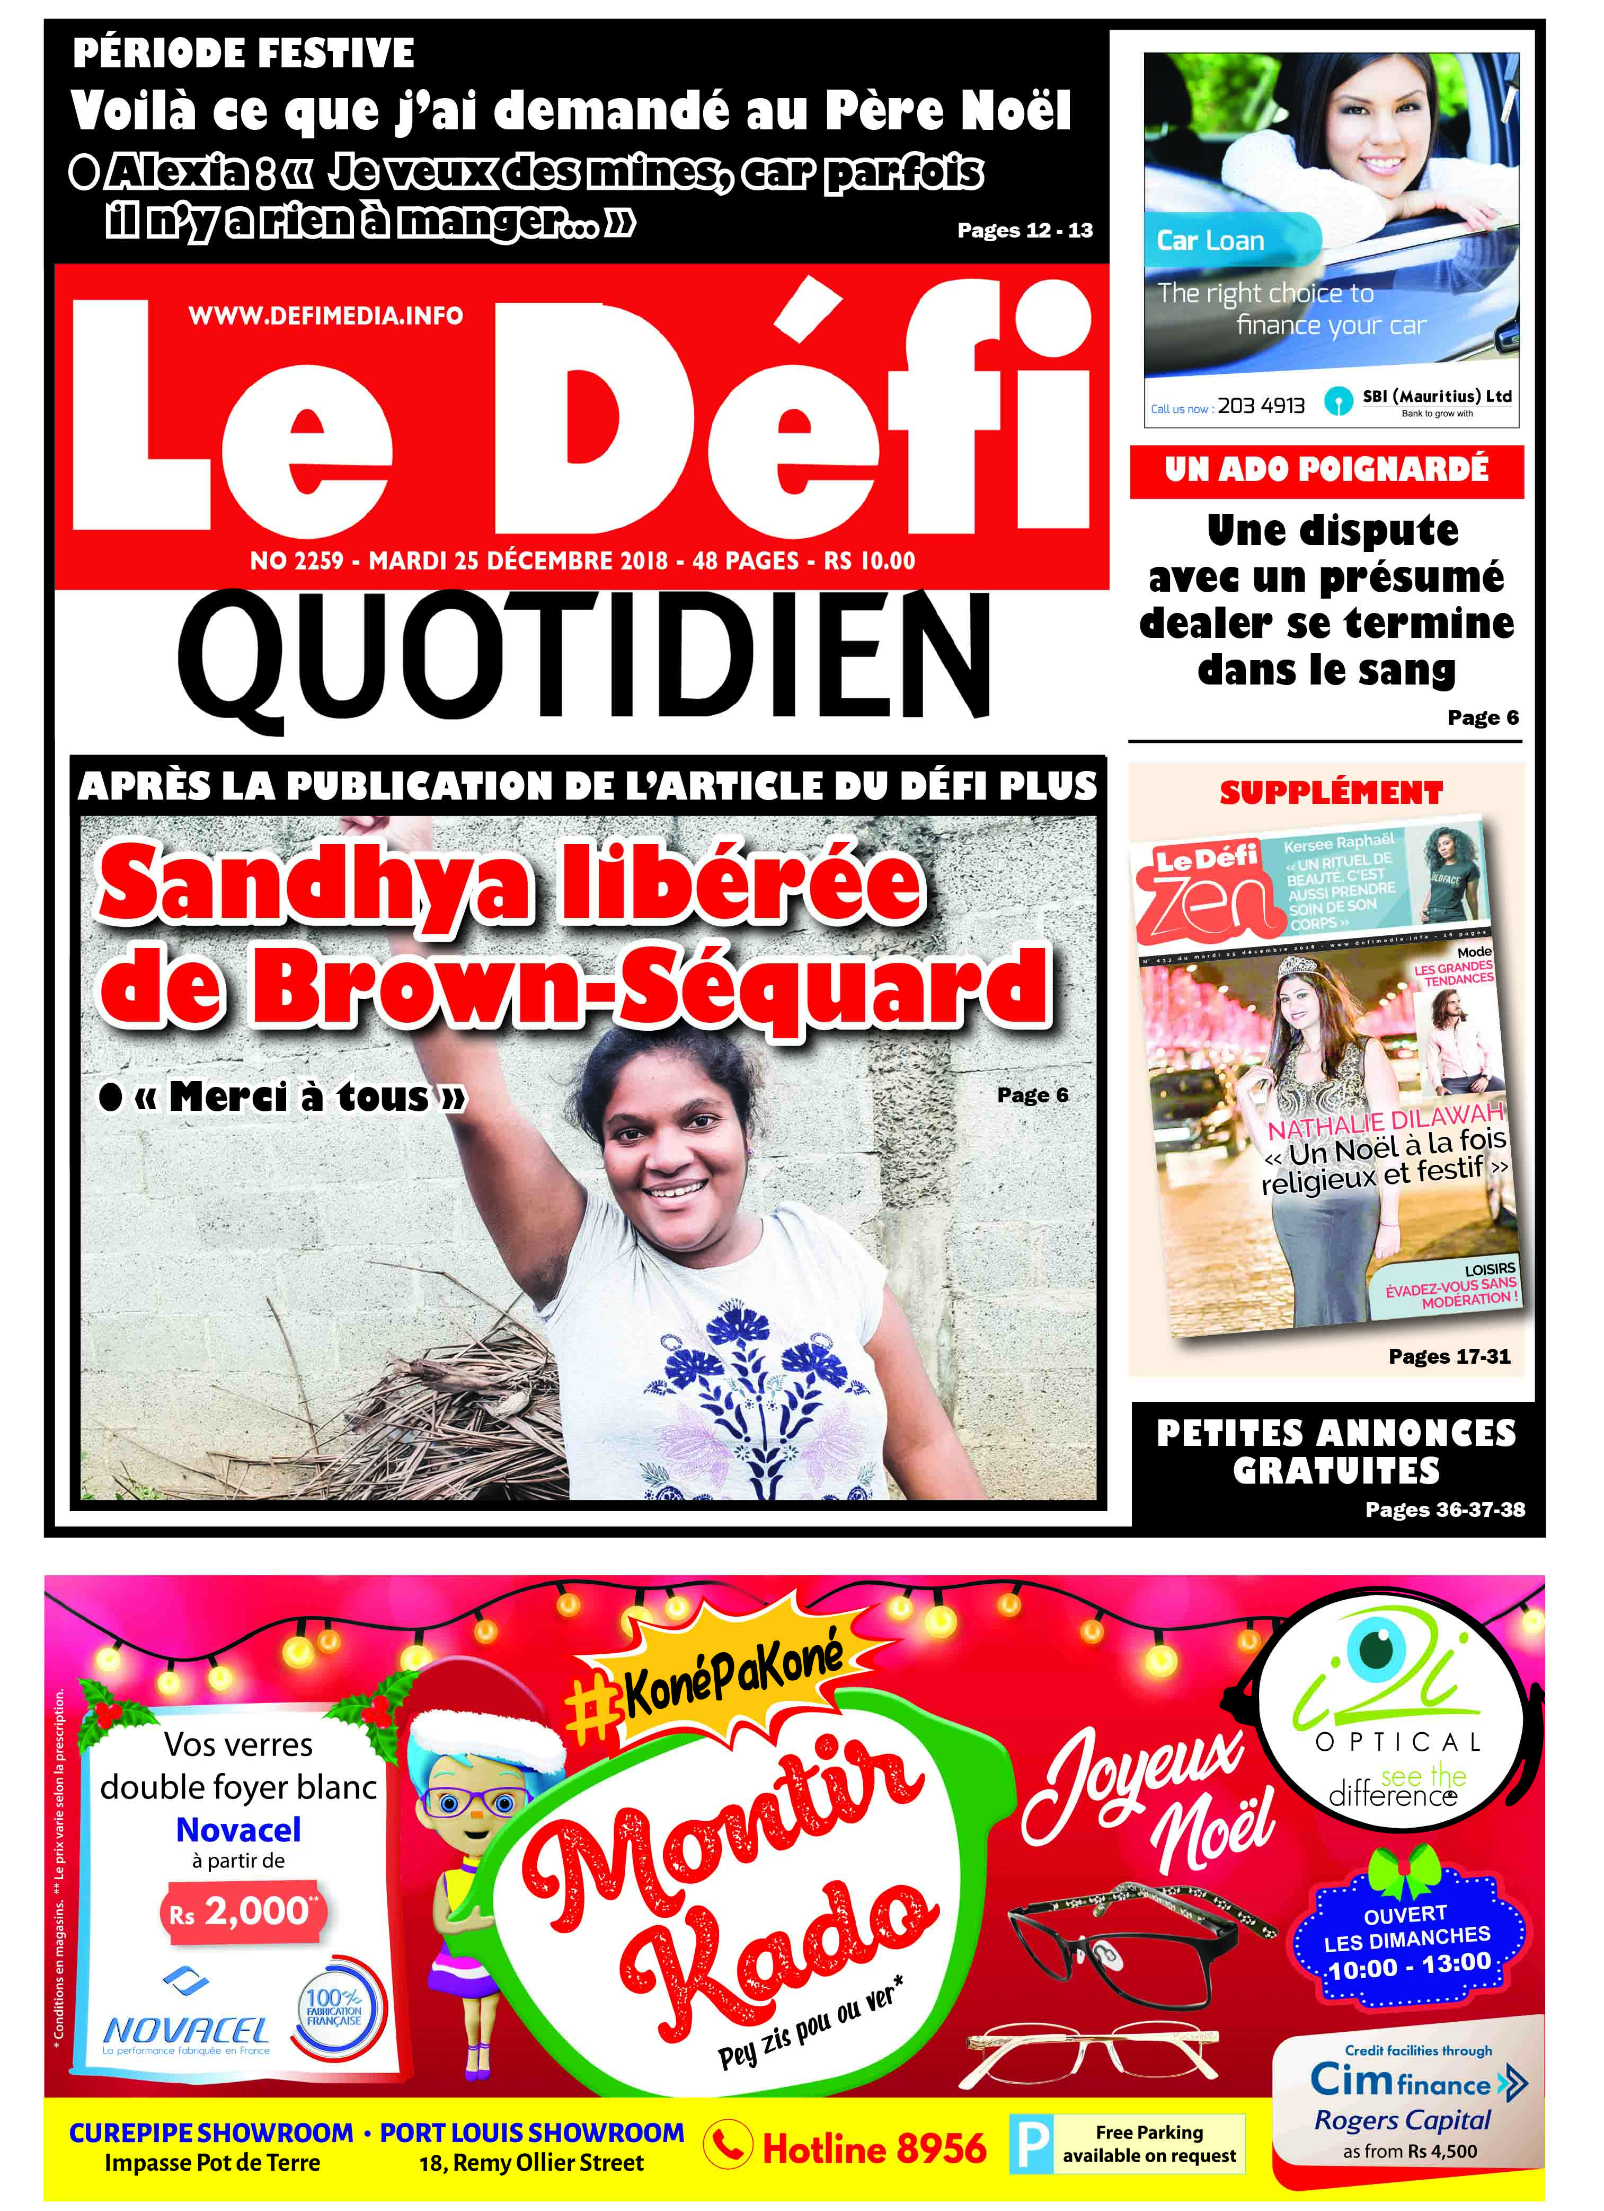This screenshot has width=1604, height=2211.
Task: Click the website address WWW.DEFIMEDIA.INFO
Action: [325, 316]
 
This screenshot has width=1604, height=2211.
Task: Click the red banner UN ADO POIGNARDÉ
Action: [1326, 470]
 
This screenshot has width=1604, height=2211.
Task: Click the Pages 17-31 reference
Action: [1449, 1356]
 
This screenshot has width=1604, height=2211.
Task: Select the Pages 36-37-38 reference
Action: [1444, 1509]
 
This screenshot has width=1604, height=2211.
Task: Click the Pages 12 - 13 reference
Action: [1024, 230]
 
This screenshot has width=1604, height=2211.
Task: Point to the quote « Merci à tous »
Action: [298, 1096]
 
